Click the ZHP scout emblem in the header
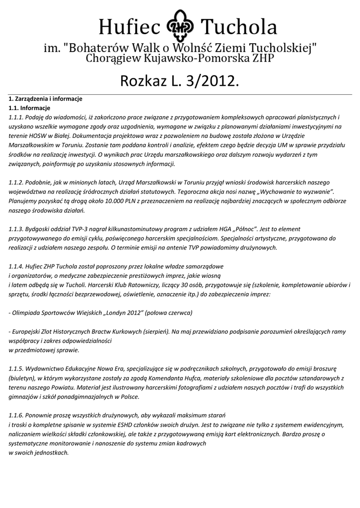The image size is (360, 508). pyautogui.click(x=180, y=26)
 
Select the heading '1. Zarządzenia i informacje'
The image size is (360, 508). pyautogui.click(x=45, y=99)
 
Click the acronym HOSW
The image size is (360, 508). pyautogui.click(x=37, y=136)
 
